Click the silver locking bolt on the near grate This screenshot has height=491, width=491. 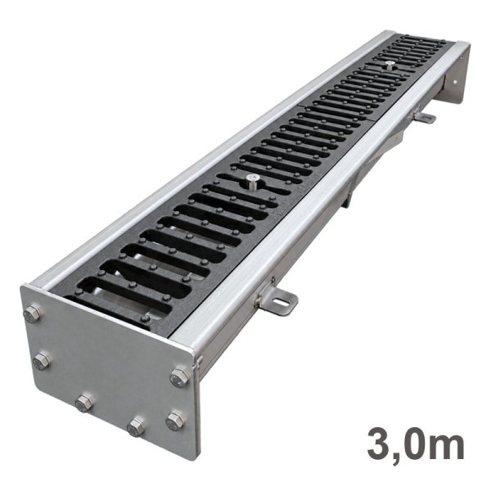tap(251, 181)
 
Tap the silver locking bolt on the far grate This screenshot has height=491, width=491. tap(389, 65)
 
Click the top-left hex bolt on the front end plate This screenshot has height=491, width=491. tap(33, 313)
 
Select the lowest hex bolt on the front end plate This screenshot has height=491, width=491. tap(137, 426)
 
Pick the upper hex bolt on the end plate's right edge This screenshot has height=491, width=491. tap(179, 377)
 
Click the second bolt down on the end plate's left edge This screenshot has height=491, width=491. tap(42, 362)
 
